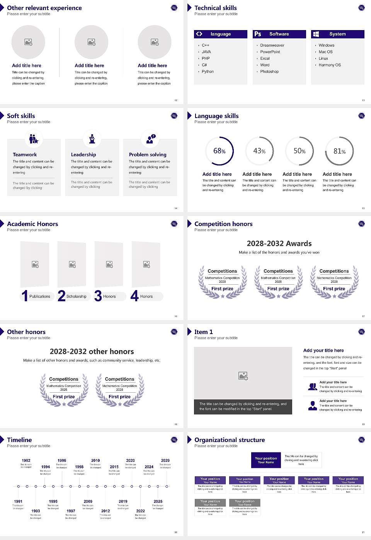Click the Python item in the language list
coord(208,72)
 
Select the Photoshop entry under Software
coord(269,72)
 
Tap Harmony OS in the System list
coord(330,65)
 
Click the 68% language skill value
coord(219,151)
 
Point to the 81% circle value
coord(339,151)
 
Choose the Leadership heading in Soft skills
coord(83,155)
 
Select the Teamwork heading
coord(25,155)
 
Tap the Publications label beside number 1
coord(40,297)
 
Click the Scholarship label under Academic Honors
coord(77,297)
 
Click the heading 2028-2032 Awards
coord(279,244)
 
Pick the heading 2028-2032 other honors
coord(92,352)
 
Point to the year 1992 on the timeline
coord(26,461)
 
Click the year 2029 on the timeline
coord(165,461)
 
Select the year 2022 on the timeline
coord(141,511)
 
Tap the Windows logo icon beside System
coord(316,34)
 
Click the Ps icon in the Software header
coord(258,34)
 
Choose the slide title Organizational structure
coord(230,440)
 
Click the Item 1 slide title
coord(204,332)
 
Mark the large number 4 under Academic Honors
coord(134,296)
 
